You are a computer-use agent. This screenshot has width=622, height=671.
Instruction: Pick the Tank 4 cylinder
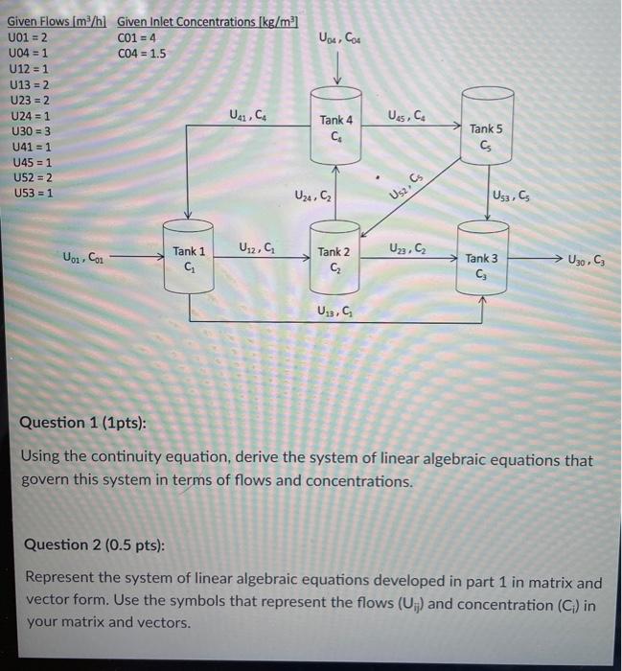pyautogui.click(x=336, y=126)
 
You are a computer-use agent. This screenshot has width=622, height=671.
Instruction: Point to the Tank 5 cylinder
pyautogui.click(x=486, y=132)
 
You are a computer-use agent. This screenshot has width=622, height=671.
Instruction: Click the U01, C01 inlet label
pyautogui.click(x=85, y=257)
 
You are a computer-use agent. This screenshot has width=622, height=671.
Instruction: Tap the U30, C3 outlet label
pyautogui.click(x=586, y=259)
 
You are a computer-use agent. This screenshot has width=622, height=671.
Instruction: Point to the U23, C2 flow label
pyautogui.click(x=408, y=248)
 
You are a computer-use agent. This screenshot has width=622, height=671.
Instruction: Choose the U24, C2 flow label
pyautogui.click(x=313, y=197)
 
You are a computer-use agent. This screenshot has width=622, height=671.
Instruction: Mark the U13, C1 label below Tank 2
pyautogui.click(x=334, y=311)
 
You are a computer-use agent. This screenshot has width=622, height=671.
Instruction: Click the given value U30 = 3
pyautogui.click(x=30, y=130)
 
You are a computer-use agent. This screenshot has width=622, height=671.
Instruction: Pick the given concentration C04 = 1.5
pyautogui.click(x=141, y=54)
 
